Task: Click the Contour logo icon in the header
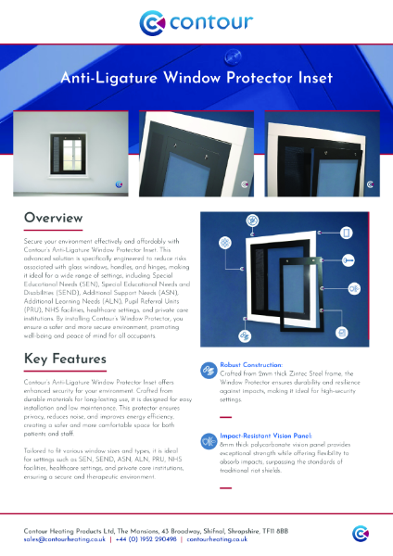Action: (x=154, y=21)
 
